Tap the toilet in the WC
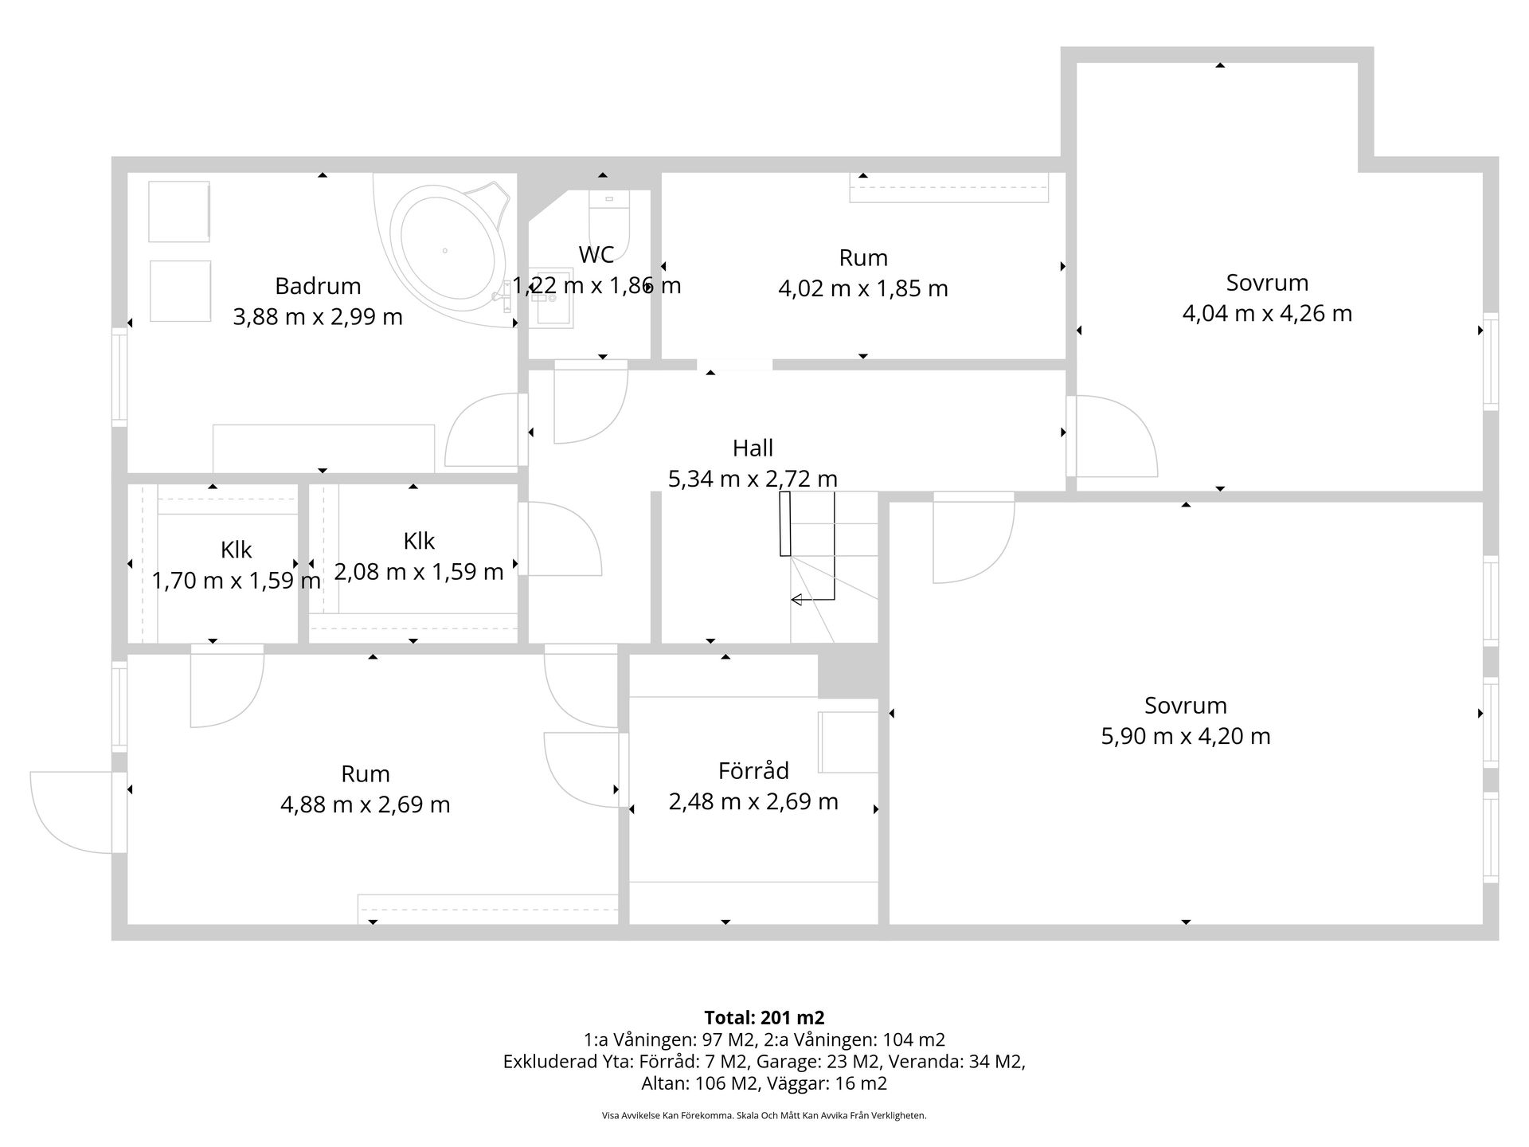(609, 223)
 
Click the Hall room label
(753, 448)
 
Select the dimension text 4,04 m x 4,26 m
(1267, 313)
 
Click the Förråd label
(753, 771)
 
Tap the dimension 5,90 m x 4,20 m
(1185, 736)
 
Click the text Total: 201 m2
(764, 1017)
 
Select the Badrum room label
(318, 286)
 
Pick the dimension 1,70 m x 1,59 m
(237, 581)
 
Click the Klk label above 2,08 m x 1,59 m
(419, 541)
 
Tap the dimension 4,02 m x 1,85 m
(863, 288)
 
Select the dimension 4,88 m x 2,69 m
(366, 804)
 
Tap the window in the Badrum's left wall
(119, 376)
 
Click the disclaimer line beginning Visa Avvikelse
(764, 1116)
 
